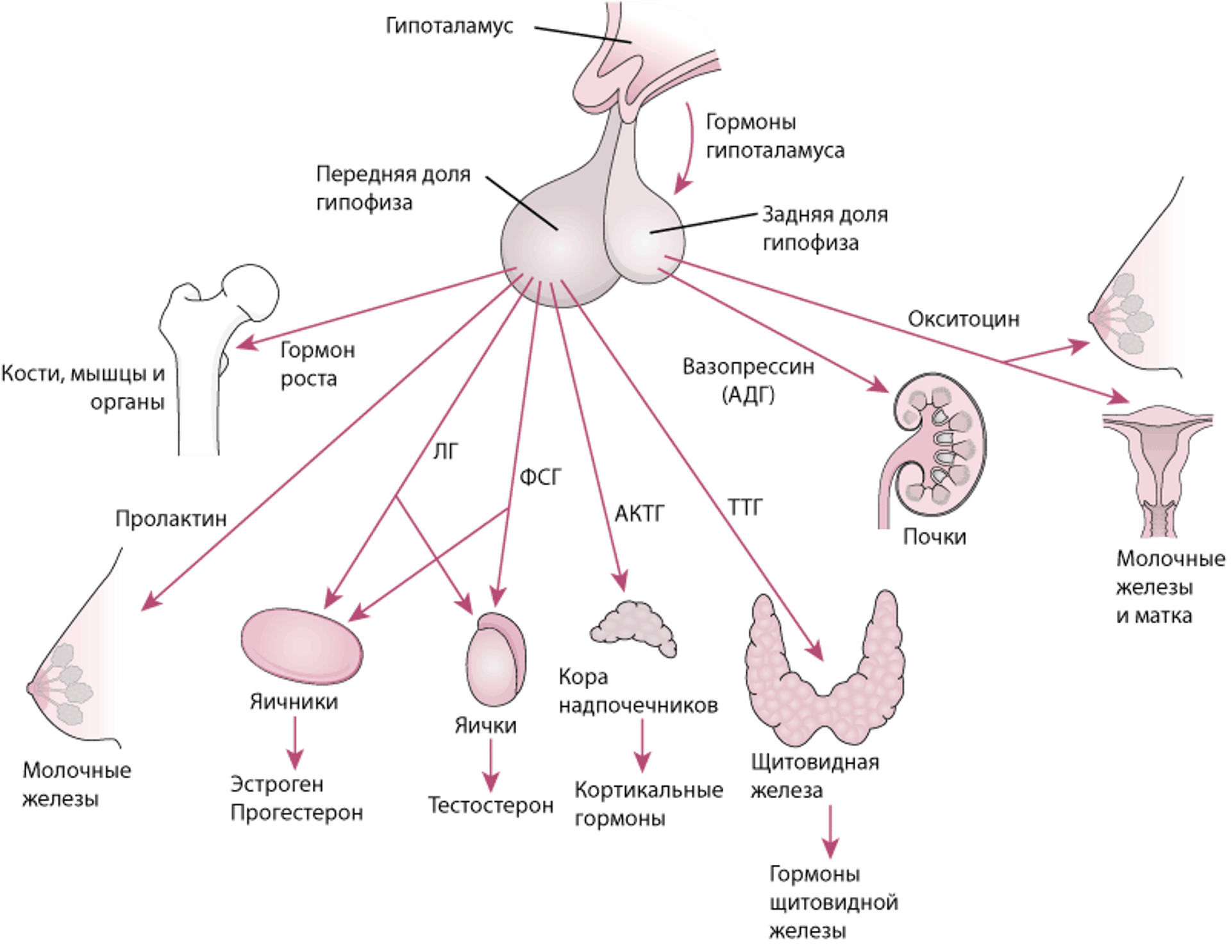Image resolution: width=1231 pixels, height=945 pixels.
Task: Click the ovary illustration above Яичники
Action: tap(301, 644)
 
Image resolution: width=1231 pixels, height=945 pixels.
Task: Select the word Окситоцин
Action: tap(964, 319)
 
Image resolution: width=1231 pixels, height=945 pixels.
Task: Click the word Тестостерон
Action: tap(490, 805)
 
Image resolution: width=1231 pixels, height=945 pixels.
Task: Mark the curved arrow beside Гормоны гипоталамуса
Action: tap(686, 147)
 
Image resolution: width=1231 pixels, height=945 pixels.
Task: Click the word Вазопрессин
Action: tap(748, 368)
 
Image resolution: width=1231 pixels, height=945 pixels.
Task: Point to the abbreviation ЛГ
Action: tap(445, 452)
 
